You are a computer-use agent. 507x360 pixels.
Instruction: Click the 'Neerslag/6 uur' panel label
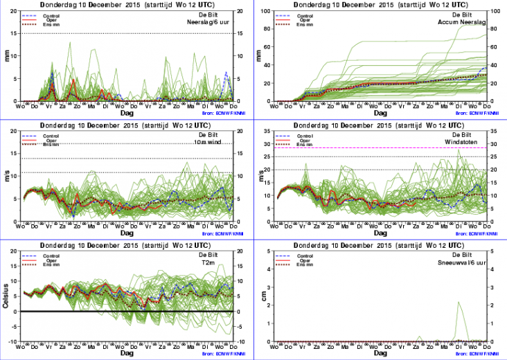(x=220, y=22)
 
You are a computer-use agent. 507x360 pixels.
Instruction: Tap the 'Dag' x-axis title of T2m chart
(x=127, y=352)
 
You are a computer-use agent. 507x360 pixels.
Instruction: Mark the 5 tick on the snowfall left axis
(x=270, y=251)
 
